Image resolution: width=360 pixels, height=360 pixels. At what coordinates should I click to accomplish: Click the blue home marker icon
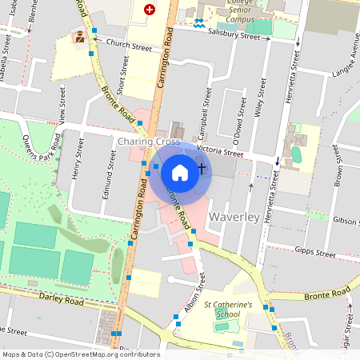pos(180,172)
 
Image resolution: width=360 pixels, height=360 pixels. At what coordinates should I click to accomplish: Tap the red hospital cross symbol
pos(149,10)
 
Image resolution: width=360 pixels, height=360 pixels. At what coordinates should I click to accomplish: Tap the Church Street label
pos(128,46)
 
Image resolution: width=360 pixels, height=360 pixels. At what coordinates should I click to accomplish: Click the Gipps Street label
pos(314,253)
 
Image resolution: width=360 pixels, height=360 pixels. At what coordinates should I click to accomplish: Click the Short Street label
pos(122,81)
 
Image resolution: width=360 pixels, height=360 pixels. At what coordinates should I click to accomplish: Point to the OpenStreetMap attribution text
pos(81,354)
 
